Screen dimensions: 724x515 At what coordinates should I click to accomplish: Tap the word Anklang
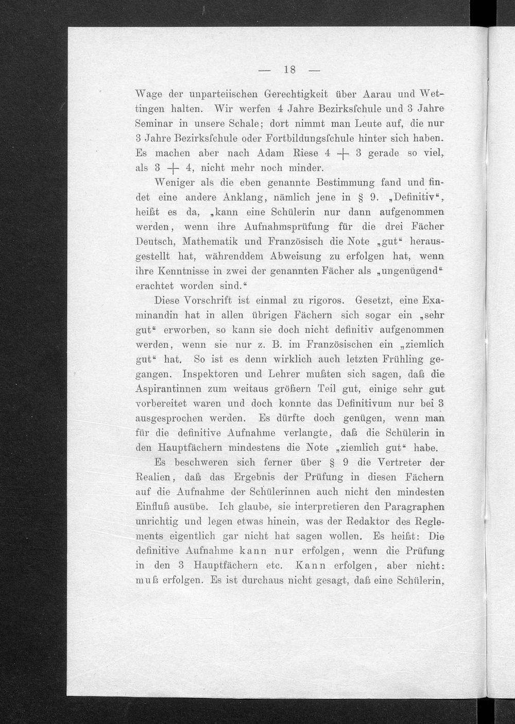click(x=242, y=197)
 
